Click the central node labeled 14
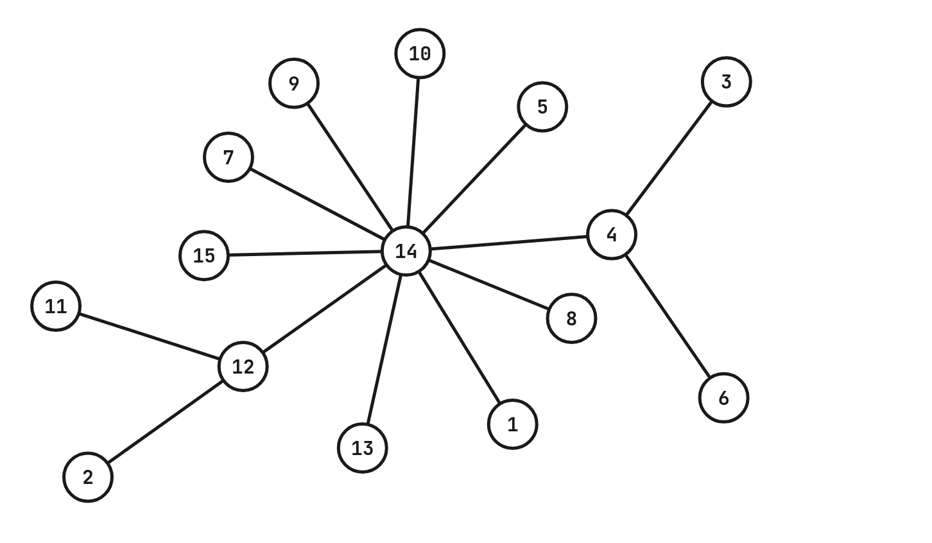406,251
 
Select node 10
420,53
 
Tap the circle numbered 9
294,83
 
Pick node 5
542,107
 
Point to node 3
726,82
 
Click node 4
612,235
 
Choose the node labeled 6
723,398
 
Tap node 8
571,318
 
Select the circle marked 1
512,424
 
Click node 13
363,448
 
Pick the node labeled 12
243,366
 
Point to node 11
56,306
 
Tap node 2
88,477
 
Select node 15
204,255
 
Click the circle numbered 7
229,157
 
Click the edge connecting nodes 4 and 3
669,158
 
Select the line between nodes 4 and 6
668,316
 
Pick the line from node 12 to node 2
165,422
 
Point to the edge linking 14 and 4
508,243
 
